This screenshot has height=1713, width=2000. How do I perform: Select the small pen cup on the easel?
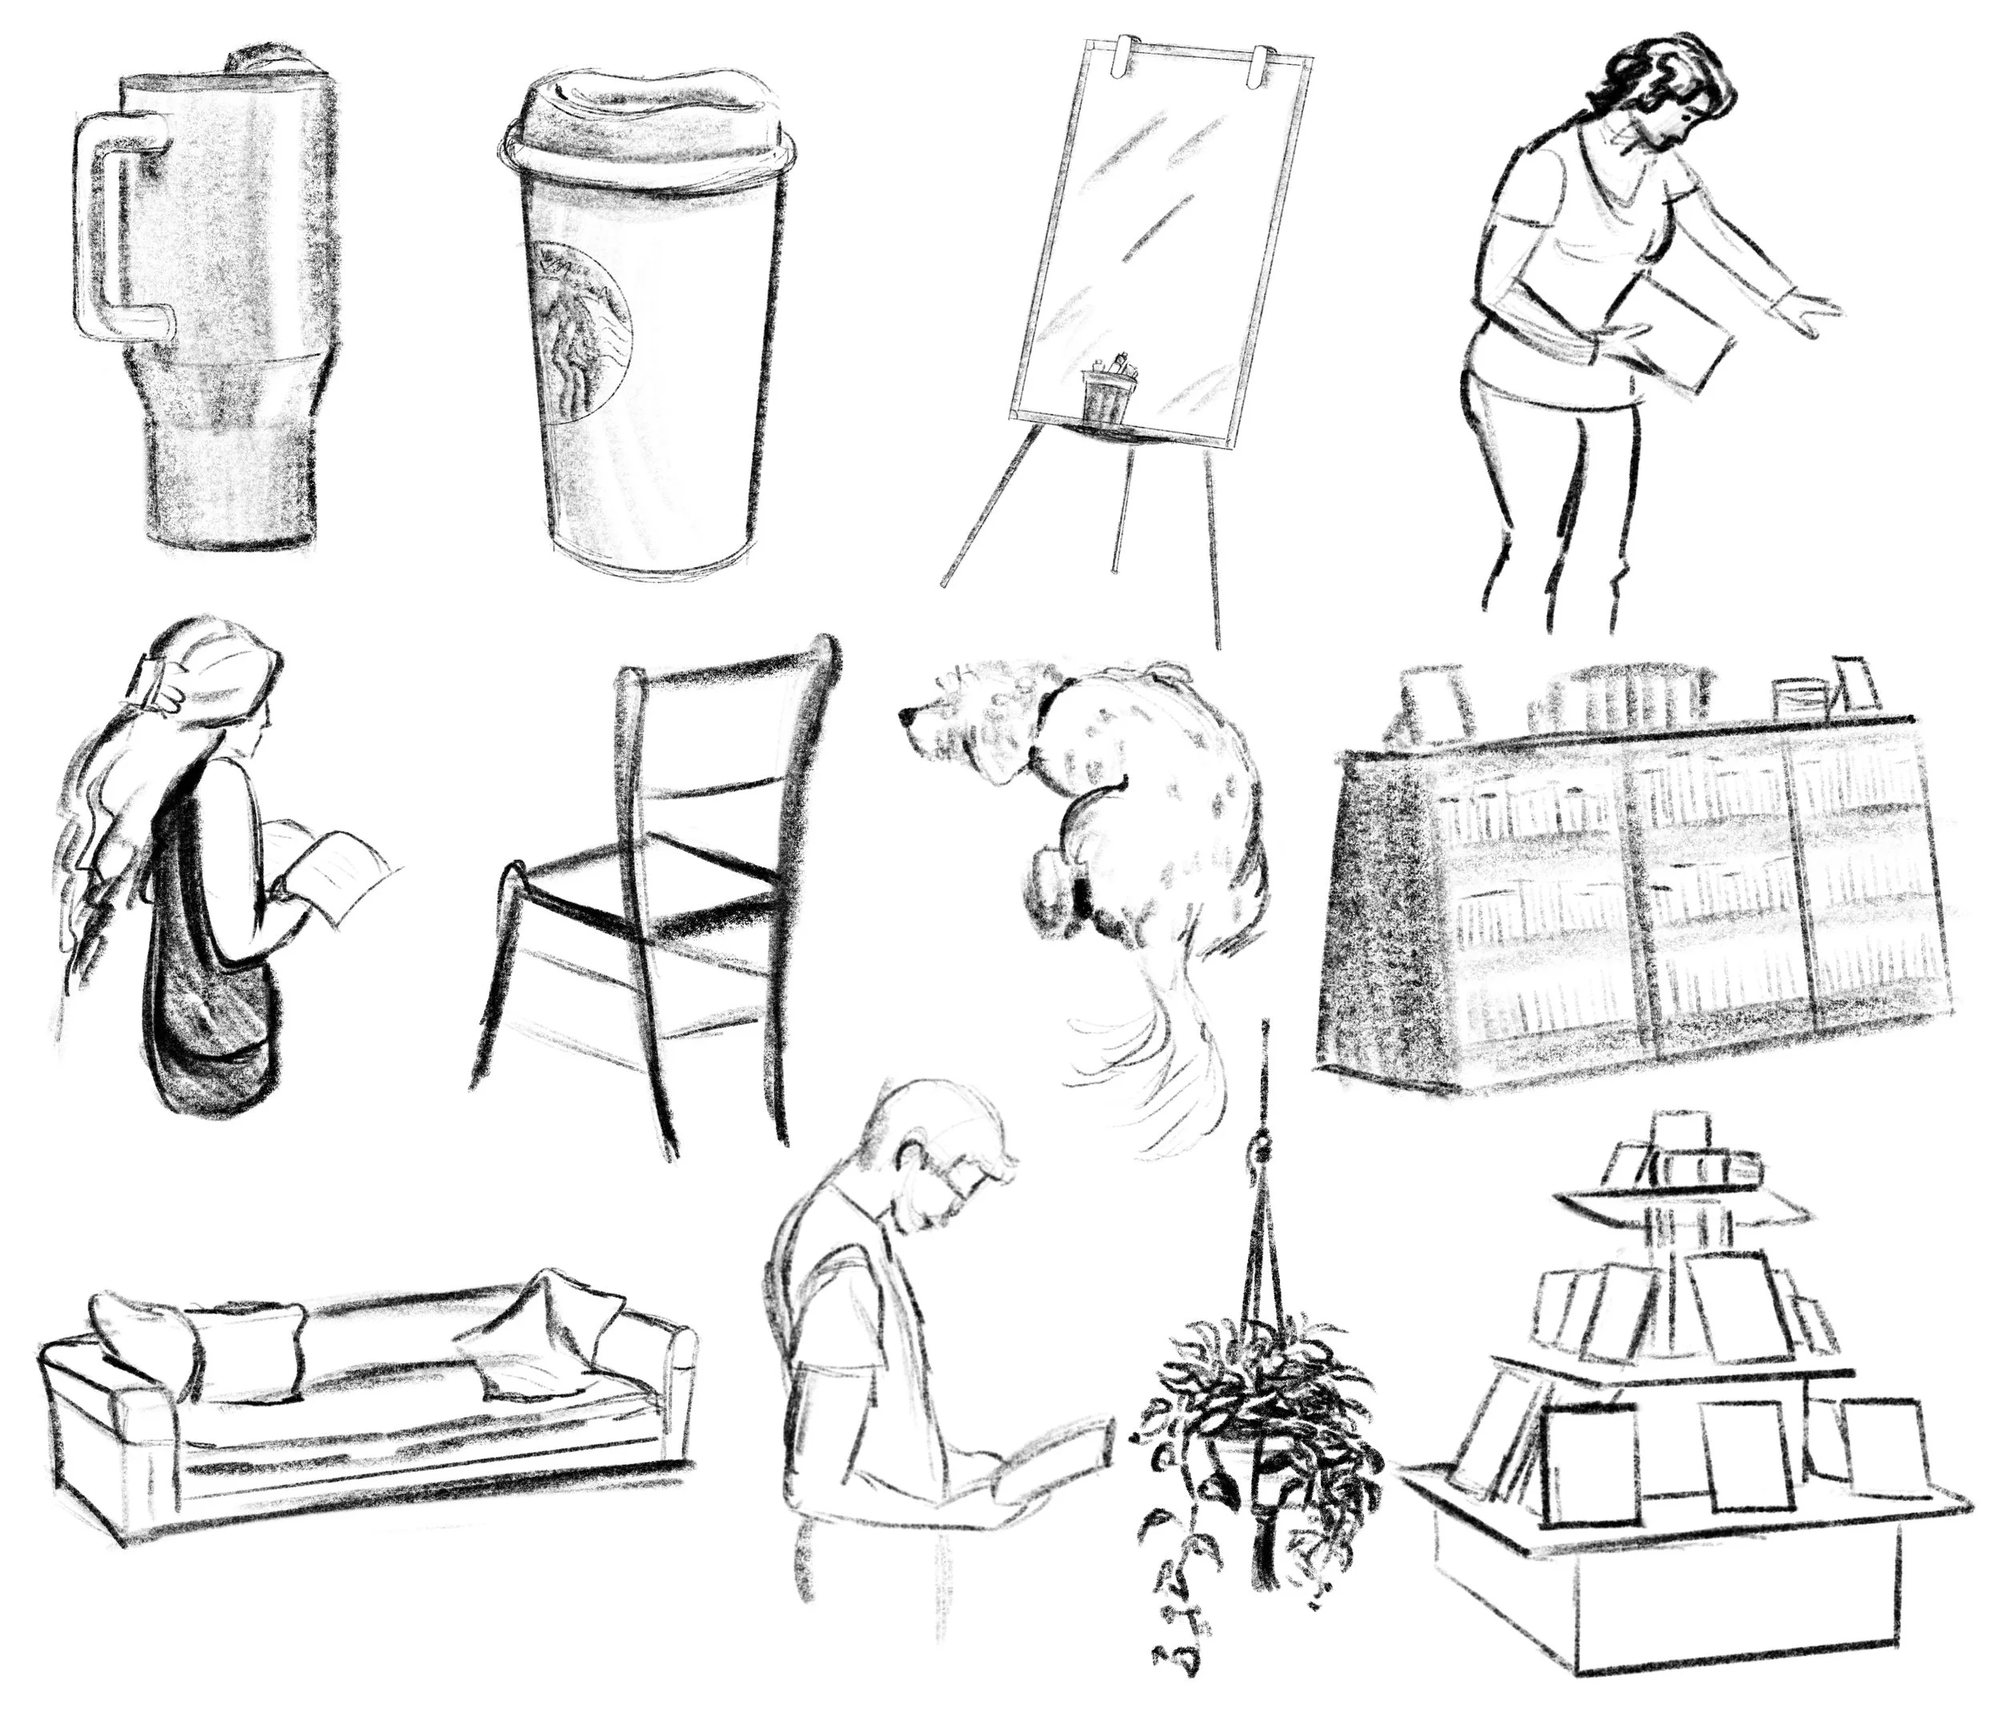(x=1106, y=390)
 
